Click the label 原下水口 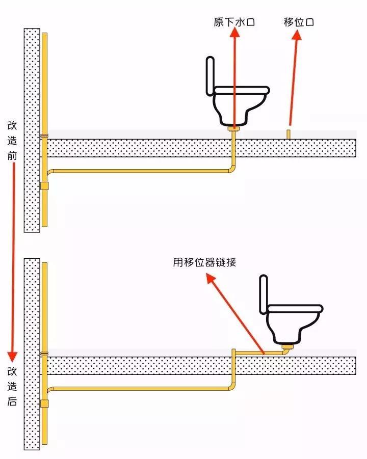tap(234, 22)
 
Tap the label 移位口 tap(299, 22)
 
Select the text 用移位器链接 tap(204, 262)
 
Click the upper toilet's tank tap(210, 76)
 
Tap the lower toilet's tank tap(263, 294)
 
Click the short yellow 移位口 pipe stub tap(289, 134)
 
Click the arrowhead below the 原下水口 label tap(234, 33)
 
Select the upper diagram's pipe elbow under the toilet tap(232, 169)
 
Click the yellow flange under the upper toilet tap(234, 129)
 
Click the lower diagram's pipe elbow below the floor tap(232, 387)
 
